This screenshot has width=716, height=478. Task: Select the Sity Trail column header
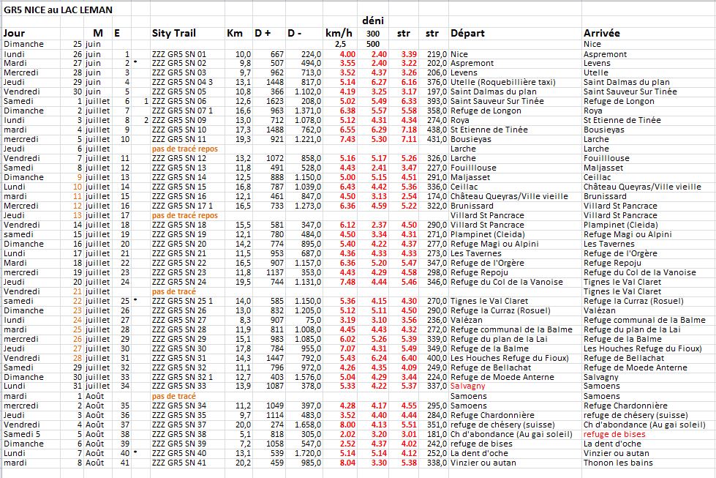pos(174,34)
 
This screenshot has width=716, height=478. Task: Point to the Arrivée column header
pos(602,34)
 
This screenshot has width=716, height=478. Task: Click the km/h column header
pos(338,34)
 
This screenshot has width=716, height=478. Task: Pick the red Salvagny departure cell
pos(468,386)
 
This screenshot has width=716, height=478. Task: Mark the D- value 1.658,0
pos(307,425)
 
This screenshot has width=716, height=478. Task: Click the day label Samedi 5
pos(22,434)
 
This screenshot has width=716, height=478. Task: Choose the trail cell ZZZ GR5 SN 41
pos(178,463)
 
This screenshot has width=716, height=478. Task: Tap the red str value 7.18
pos(408,130)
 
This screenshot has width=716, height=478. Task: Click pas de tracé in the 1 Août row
pos(173,396)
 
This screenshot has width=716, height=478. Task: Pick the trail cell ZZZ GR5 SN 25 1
pos(181,301)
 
